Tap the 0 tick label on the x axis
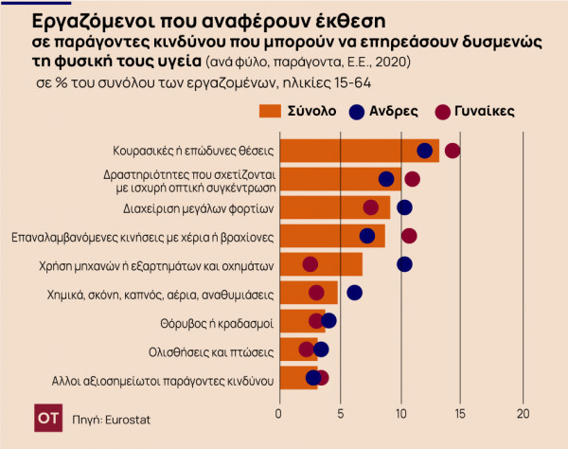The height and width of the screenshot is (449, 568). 278,414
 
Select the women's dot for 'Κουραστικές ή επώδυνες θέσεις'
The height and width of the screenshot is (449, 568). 453,151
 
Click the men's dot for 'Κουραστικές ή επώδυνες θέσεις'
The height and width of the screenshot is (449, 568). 424,151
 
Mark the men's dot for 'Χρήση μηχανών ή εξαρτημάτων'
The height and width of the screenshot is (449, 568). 404,264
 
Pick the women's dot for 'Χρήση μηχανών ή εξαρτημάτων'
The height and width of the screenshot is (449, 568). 310,264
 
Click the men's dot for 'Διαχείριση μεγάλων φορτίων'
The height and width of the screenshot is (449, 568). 404,207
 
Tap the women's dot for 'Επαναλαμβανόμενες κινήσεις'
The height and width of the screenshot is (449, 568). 409,235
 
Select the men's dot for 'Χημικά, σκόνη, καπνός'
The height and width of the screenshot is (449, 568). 354,292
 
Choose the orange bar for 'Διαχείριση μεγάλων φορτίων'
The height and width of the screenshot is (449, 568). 331,207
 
